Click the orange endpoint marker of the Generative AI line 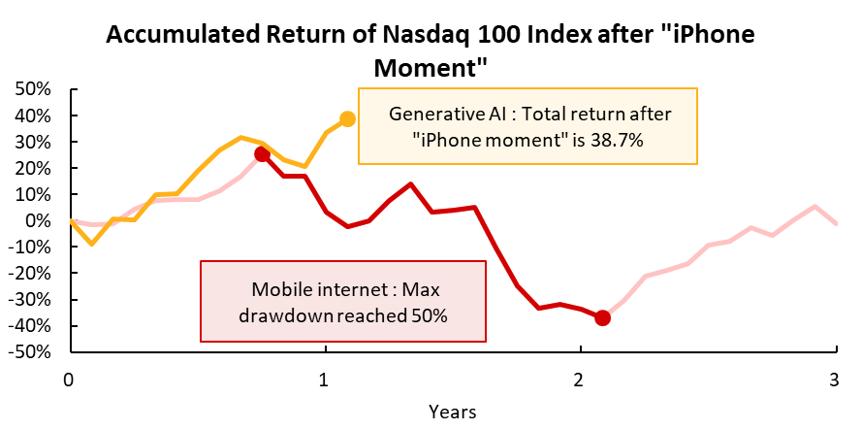347,119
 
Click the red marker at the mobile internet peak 262,154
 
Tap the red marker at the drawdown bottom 602,317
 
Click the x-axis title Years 452,412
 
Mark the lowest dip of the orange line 92,244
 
